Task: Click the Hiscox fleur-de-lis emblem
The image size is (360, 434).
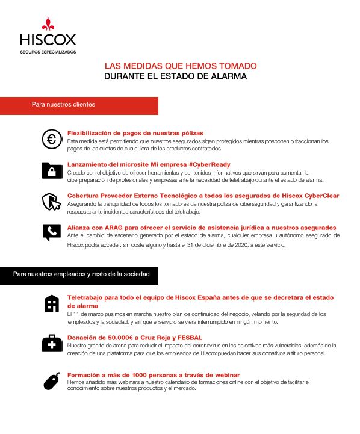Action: pos(48,25)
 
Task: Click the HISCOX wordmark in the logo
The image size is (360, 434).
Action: pos(48,40)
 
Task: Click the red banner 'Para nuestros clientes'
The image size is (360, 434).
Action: pos(63,105)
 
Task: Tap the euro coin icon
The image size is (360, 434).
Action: pos(52,140)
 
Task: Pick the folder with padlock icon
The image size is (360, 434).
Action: pos(52,170)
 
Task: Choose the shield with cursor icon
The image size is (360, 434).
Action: pos(52,201)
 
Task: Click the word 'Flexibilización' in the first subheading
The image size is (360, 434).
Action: pos(92,132)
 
